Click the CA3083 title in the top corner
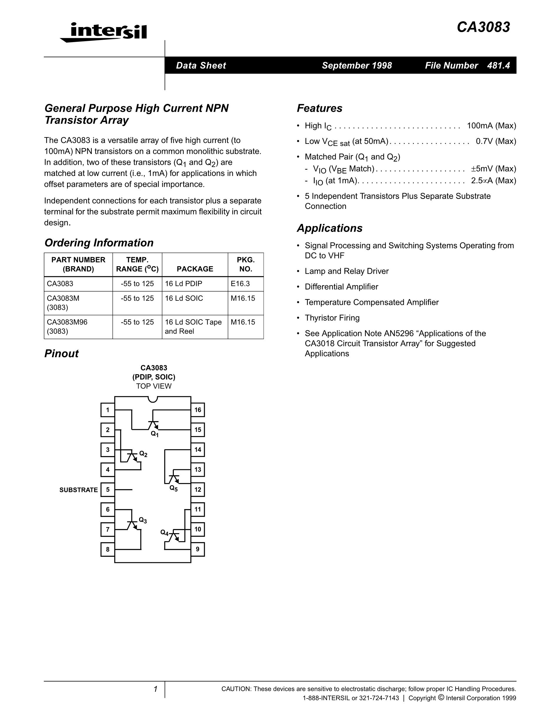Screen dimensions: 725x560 coord(483,27)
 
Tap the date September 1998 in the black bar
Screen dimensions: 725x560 coord(357,65)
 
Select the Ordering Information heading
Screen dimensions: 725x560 coord(99,243)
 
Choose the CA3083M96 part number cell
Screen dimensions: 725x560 coord(67,322)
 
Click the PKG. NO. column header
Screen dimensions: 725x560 coord(246,264)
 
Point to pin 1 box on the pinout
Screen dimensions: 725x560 coord(107,410)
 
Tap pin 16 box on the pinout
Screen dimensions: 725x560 coord(198,410)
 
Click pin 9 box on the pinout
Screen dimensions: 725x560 coord(198,549)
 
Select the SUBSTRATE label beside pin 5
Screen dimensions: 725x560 coord(79,490)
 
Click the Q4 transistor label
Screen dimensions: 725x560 coord(164,533)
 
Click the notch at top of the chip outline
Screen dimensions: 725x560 coord(153,399)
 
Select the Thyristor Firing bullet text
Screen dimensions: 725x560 coord(332,318)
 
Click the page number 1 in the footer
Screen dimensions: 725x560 coord(155,689)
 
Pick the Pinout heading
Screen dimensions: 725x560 coord(61,354)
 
